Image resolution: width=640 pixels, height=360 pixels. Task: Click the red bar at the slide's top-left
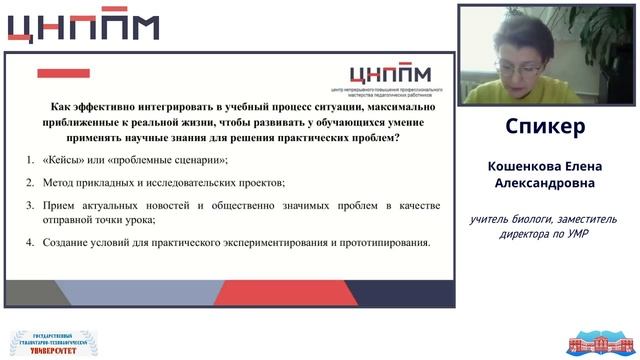coord(63,73)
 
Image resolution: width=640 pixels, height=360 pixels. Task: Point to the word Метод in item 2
coord(61,182)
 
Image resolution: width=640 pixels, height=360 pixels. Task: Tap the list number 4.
coord(29,242)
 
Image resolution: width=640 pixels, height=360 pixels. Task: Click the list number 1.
coord(29,160)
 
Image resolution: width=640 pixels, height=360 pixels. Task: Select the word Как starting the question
coord(61,106)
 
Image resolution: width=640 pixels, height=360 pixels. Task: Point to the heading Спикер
coord(545,128)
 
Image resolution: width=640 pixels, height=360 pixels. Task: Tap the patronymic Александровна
coord(545,184)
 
